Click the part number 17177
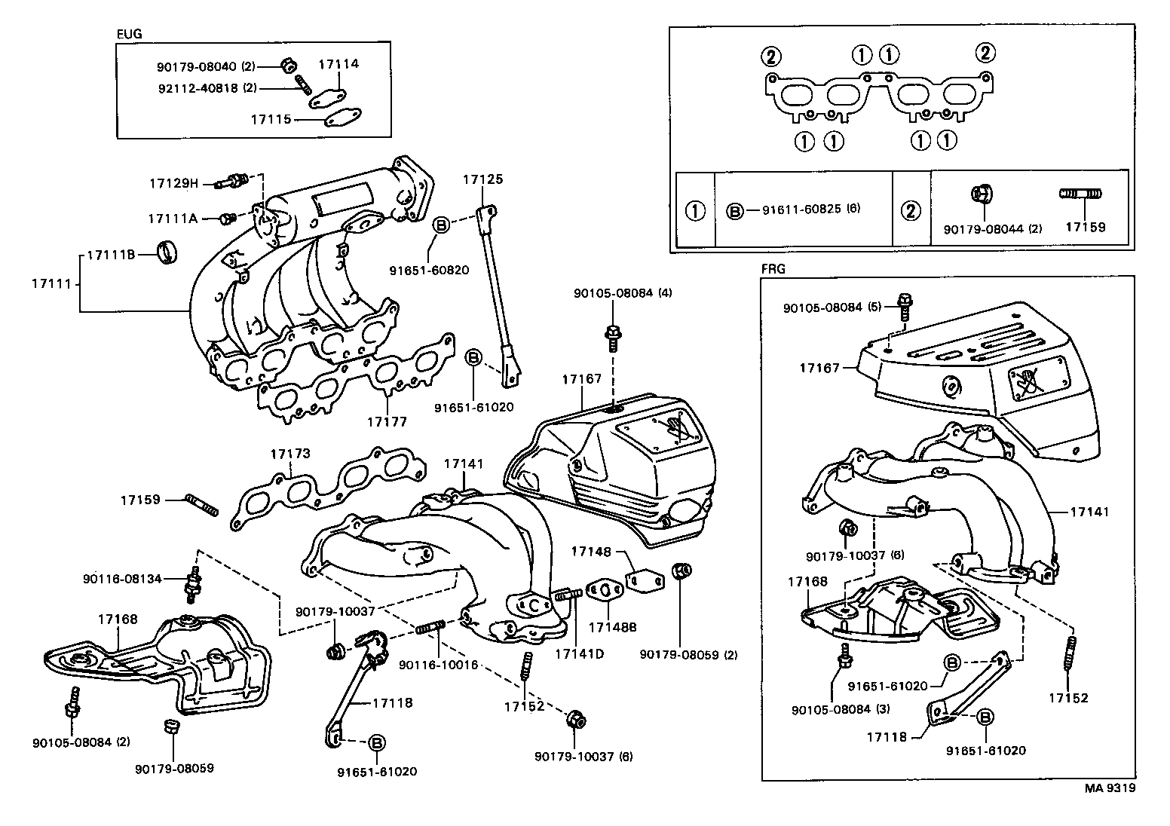(x=387, y=421)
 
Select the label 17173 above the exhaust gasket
(x=290, y=454)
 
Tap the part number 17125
(x=482, y=179)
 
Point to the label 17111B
(x=110, y=255)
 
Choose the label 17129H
(x=173, y=183)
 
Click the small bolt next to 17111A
(x=226, y=219)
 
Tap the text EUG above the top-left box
(x=129, y=34)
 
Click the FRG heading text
(x=773, y=268)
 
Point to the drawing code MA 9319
(x=1110, y=788)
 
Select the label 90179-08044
(x=982, y=228)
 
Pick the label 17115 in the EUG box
(x=271, y=119)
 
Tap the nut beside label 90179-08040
(x=286, y=66)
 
